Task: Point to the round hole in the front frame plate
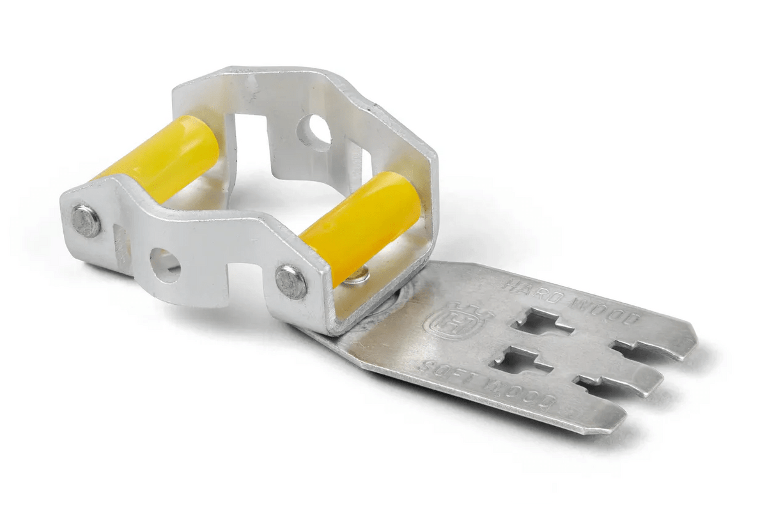165,264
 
